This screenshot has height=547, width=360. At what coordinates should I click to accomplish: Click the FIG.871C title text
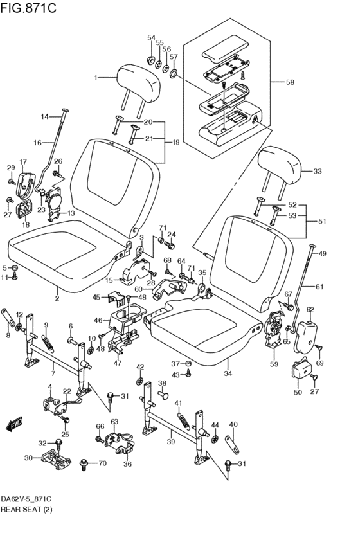coord(29,8)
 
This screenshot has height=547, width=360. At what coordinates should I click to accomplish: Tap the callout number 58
coord(290,82)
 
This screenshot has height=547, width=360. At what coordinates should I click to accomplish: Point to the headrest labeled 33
coord(280,166)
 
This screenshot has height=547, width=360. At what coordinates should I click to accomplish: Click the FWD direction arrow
coord(14,424)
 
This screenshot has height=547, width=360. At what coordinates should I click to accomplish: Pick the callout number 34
coord(227,373)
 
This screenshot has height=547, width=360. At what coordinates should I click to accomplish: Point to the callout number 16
coord(37,142)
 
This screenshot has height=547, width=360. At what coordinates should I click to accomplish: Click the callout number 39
coord(170,442)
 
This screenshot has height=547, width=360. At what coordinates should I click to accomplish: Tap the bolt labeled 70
coord(85,463)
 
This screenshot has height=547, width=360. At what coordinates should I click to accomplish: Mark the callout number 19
coord(177,142)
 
